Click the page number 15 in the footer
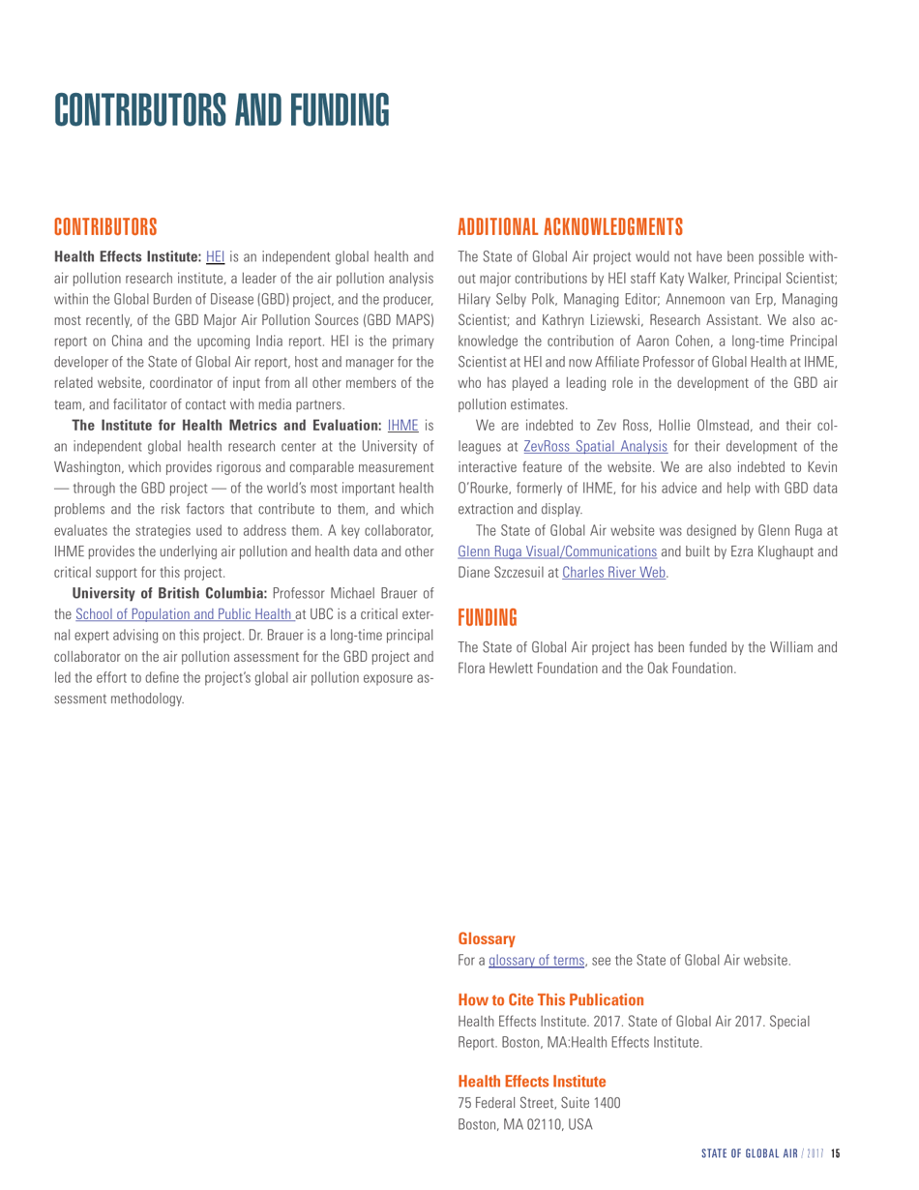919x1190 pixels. pos(838,1154)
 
